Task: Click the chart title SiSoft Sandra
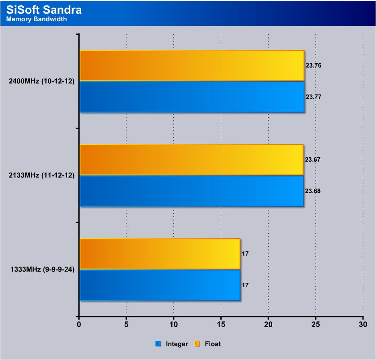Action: [x=44, y=9]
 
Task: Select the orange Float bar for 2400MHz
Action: [x=192, y=66]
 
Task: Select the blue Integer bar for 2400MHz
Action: [x=192, y=97]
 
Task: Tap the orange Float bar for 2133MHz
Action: [x=191, y=160]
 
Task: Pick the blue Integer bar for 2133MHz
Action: [x=191, y=191]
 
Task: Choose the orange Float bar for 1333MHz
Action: [x=160, y=254]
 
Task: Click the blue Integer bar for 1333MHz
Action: [x=160, y=285]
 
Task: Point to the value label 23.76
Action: [x=314, y=65]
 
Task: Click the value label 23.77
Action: [x=314, y=97]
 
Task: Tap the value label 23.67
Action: [x=313, y=160]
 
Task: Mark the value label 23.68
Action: [x=313, y=191]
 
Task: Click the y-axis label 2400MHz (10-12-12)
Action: [x=41, y=81]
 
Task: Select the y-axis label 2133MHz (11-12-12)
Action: [x=41, y=175]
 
